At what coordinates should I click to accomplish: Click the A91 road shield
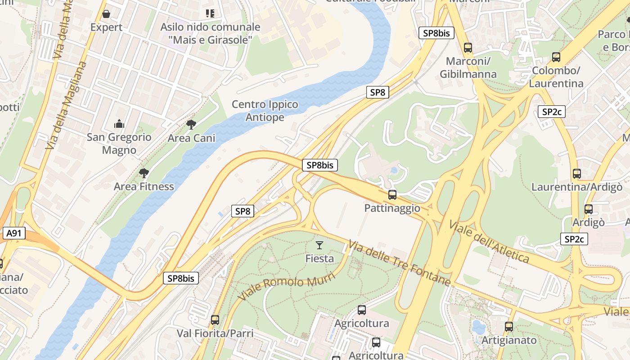14,233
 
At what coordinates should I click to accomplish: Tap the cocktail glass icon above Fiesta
319,245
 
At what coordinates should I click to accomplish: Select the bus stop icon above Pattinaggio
392,195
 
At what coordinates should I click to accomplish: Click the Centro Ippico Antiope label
265,111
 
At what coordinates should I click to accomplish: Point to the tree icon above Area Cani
191,125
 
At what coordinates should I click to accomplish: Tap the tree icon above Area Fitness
144,173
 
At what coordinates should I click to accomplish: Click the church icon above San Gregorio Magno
119,123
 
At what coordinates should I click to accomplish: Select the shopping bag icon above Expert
106,14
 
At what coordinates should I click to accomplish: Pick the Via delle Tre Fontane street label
399,263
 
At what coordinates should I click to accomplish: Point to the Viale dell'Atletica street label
489,242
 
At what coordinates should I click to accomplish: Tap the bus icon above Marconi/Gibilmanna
468,47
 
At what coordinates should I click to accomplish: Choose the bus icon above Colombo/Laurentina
556,57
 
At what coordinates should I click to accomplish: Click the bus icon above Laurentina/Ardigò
577,173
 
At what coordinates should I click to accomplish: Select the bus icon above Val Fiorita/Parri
215,320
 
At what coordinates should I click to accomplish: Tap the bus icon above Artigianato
509,327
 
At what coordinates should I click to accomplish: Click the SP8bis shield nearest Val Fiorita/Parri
181,278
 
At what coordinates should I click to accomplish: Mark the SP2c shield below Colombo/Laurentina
552,112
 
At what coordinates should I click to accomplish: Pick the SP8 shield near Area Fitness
243,211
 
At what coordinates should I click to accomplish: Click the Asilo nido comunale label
210,33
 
